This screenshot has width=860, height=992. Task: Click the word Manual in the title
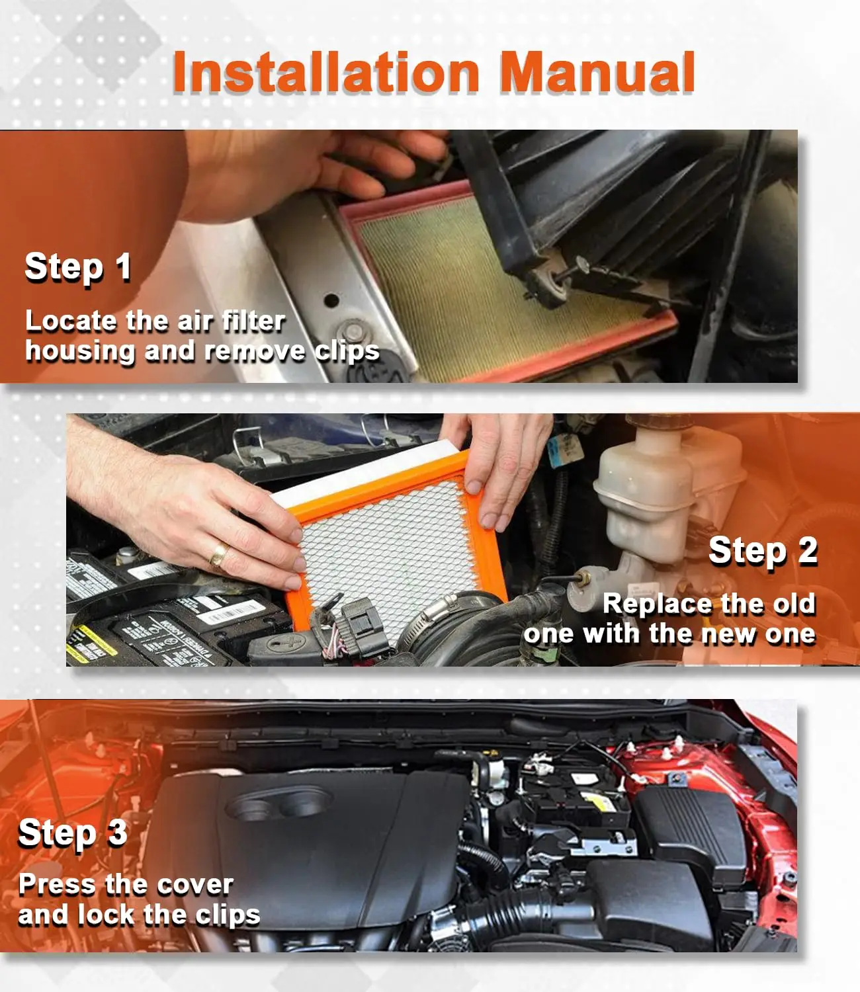pos(597,72)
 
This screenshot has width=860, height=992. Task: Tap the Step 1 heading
pos(78,268)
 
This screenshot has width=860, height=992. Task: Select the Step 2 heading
pos(763,552)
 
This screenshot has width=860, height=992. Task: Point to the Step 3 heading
pos(73,834)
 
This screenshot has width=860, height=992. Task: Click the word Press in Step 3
pos(57,884)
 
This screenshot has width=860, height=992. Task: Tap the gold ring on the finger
pos(220,554)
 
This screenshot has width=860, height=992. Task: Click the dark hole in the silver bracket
pos(331,301)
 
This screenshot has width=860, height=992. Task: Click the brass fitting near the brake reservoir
pos(584,579)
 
